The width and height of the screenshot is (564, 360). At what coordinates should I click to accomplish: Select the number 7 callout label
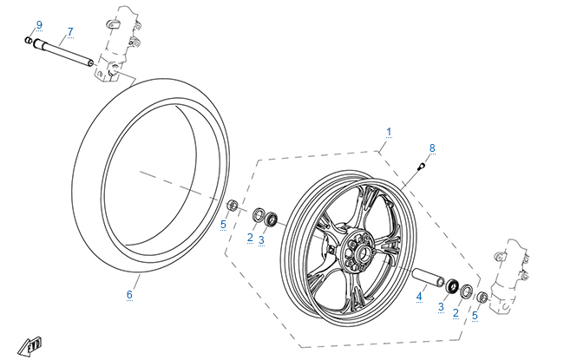(x=70, y=31)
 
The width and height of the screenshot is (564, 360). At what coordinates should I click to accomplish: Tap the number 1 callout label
(x=389, y=132)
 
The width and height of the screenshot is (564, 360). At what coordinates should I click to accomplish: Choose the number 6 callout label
(x=129, y=294)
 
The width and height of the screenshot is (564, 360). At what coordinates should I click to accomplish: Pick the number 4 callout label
(x=419, y=297)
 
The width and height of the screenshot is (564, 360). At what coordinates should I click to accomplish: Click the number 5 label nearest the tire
(x=223, y=225)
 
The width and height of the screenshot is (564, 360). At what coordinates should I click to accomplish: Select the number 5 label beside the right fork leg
(x=475, y=317)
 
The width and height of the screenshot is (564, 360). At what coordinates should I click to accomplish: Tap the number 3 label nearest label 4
(x=441, y=308)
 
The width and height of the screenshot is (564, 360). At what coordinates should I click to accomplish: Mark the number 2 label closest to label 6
(x=250, y=237)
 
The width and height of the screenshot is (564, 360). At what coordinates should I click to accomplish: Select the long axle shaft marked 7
(x=65, y=53)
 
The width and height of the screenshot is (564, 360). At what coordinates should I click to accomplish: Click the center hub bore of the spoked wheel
(x=357, y=252)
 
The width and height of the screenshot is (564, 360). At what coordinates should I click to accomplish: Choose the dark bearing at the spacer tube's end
(x=452, y=285)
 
